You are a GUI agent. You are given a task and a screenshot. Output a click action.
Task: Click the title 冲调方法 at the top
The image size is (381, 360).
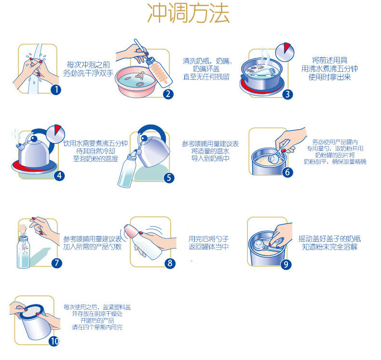(x=189, y=13)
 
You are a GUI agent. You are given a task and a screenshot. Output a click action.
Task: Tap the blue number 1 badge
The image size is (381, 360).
(x=56, y=90)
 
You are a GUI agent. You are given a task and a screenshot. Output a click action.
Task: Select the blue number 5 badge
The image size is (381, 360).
(x=169, y=178)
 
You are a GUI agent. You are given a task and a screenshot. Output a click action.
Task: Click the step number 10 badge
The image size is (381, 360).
(x=54, y=341)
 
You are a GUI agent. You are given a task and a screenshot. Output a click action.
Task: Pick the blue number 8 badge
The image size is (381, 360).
(x=170, y=263)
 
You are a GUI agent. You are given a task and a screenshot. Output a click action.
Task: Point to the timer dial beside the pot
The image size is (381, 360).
(x=285, y=52)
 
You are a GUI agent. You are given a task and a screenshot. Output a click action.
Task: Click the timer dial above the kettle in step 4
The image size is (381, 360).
(x=55, y=135)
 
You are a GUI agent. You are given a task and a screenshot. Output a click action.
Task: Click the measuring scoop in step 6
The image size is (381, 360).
(x=277, y=153)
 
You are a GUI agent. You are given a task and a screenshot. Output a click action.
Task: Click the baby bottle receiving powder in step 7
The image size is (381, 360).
(x=23, y=252)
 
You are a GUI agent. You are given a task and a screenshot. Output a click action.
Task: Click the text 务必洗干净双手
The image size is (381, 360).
(x=88, y=73)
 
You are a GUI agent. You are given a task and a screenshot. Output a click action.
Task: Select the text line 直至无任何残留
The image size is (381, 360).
(x=206, y=77)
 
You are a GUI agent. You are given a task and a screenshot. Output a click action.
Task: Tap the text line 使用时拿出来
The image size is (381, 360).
(x=329, y=77)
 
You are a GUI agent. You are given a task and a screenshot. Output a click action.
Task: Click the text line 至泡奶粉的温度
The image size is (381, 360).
(x=95, y=159)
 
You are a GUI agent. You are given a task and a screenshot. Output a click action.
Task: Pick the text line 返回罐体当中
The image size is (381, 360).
(x=209, y=247)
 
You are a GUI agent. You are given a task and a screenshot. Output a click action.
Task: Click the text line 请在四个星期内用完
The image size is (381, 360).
(x=97, y=327)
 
